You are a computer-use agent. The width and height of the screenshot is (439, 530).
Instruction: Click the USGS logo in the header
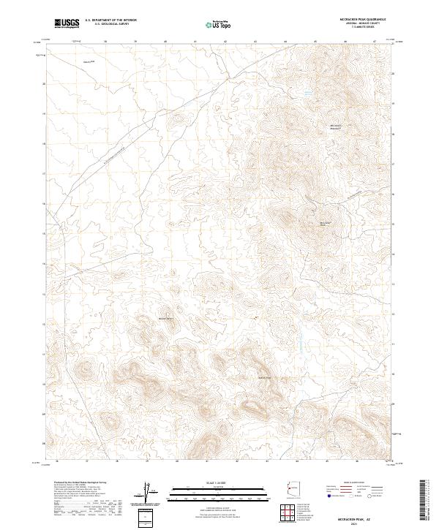[67, 23]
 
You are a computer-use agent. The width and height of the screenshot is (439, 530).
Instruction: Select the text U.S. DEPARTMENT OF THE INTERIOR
[110, 20]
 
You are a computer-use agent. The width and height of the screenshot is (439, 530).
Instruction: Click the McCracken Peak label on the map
[327, 223]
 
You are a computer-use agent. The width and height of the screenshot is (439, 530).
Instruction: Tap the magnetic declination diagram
[146, 491]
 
